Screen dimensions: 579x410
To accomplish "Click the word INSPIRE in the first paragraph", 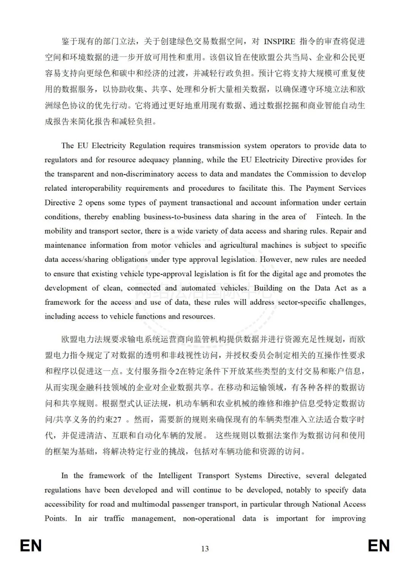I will pos(279,41).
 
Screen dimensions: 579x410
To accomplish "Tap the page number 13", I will pos(205,549).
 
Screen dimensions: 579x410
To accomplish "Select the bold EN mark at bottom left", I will pos(31,546).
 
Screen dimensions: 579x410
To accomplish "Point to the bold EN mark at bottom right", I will pos(379,546).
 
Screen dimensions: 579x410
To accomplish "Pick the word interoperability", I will pos(96,188).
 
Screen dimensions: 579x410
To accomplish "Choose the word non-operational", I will pos(209,518).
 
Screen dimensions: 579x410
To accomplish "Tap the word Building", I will pos(268,288).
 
